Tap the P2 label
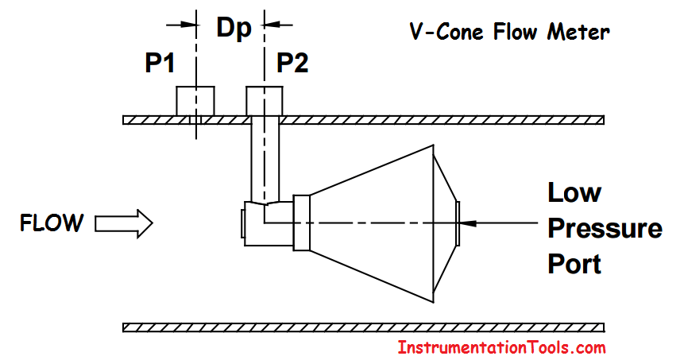click(292, 64)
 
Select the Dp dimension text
click(234, 29)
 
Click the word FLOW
click(51, 223)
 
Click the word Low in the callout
click(574, 192)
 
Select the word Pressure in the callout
click(605, 228)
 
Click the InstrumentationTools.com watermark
click(501, 347)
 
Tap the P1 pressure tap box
click(195, 101)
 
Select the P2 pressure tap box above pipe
click(265, 101)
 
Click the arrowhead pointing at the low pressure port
click(470, 223)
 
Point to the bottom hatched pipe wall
click(364, 327)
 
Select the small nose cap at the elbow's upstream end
click(243, 223)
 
